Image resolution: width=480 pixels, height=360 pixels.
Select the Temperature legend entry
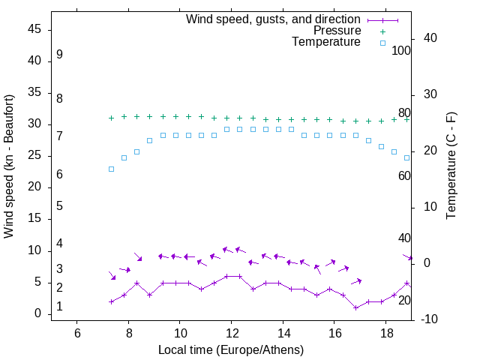326,43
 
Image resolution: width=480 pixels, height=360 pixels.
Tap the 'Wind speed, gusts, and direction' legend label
273,19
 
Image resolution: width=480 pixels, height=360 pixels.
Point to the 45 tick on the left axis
35,29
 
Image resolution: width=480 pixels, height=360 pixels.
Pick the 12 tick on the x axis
232,333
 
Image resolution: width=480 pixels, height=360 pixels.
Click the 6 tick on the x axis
77,333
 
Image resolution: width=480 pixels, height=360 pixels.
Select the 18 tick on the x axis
386,333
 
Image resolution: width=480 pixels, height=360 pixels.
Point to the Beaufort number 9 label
59,55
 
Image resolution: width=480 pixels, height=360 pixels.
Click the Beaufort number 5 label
59,206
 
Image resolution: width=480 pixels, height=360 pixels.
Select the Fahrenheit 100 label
401,51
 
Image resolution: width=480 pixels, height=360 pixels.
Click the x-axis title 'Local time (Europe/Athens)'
231,349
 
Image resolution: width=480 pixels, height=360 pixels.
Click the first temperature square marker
111,169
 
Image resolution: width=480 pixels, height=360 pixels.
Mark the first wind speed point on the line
111,301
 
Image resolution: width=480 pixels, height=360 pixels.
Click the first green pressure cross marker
111,118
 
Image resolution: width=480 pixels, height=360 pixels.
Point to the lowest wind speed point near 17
355,307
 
